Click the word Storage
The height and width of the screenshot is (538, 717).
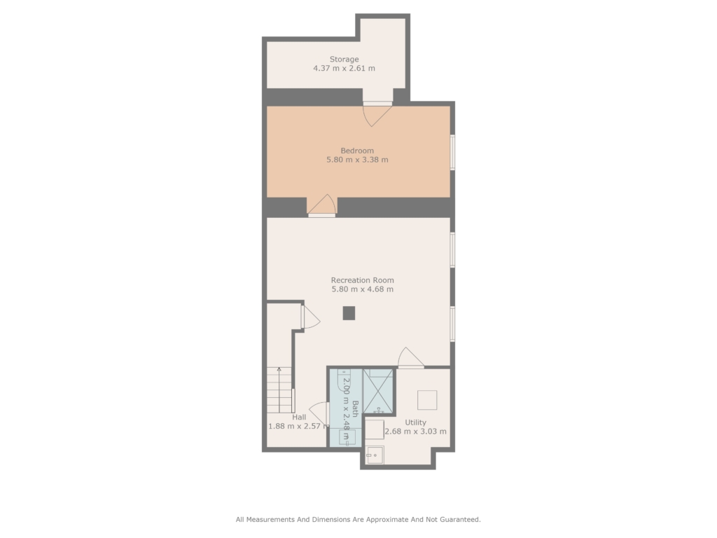click(344, 59)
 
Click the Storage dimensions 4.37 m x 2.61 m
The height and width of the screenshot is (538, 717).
click(344, 68)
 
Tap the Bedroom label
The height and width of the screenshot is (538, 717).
click(357, 151)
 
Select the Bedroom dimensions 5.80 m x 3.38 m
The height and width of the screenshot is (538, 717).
click(357, 160)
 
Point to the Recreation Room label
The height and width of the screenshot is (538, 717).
click(362, 280)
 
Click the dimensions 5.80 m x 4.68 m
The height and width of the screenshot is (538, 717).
click(362, 289)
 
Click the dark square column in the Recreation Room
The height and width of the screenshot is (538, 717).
click(349, 313)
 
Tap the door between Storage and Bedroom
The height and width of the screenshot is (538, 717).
click(377, 113)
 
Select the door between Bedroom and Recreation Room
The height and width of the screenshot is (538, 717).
click(322, 205)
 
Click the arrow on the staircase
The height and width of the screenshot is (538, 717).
click(279, 389)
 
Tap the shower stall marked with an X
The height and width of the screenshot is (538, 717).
click(378, 392)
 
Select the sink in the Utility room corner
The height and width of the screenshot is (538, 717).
click(375, 455)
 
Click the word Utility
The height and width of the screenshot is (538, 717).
click(415, 422)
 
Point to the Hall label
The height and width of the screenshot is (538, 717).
click(299, 418)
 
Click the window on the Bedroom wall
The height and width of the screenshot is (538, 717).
click(452, 152)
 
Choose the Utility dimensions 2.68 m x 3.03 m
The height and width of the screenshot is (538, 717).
click(415, 432)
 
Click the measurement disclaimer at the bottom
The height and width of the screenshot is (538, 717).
click(358, 519)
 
